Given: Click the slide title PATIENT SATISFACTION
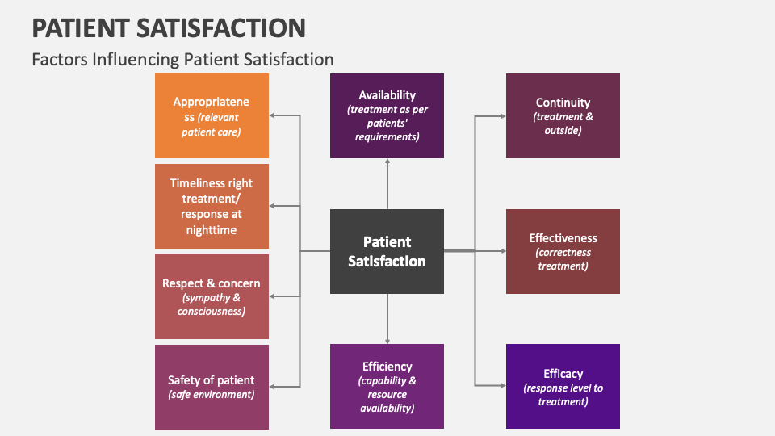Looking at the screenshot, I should (x=169, y=28).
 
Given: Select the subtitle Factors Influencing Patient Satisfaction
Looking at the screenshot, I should (x=182, y=60).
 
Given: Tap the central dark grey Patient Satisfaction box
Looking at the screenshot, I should (x=387, y=251).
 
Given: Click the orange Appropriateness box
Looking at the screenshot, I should (x=212, y=115).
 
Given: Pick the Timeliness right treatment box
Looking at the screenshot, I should (x=212, y=206).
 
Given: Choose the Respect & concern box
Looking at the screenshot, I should (x=212, y=296).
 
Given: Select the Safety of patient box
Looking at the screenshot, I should (x=212, y=387).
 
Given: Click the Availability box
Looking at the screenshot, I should (x=387, y=115).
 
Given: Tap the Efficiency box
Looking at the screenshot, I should (x=387, y=386).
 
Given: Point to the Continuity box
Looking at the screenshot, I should (x=563, y=115).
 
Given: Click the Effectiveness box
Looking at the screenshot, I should (x=563, y=251).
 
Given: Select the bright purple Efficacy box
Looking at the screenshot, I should (x=563, y=386).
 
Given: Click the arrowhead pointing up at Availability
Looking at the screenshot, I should (x=387, y=162).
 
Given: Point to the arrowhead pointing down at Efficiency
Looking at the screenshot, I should (x=387, y=339).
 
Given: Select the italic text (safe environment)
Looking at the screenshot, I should (x=212, y=395).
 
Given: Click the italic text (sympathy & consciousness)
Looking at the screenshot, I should (x=212, y=304).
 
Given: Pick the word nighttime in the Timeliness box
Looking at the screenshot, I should (x=212, y=230).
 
